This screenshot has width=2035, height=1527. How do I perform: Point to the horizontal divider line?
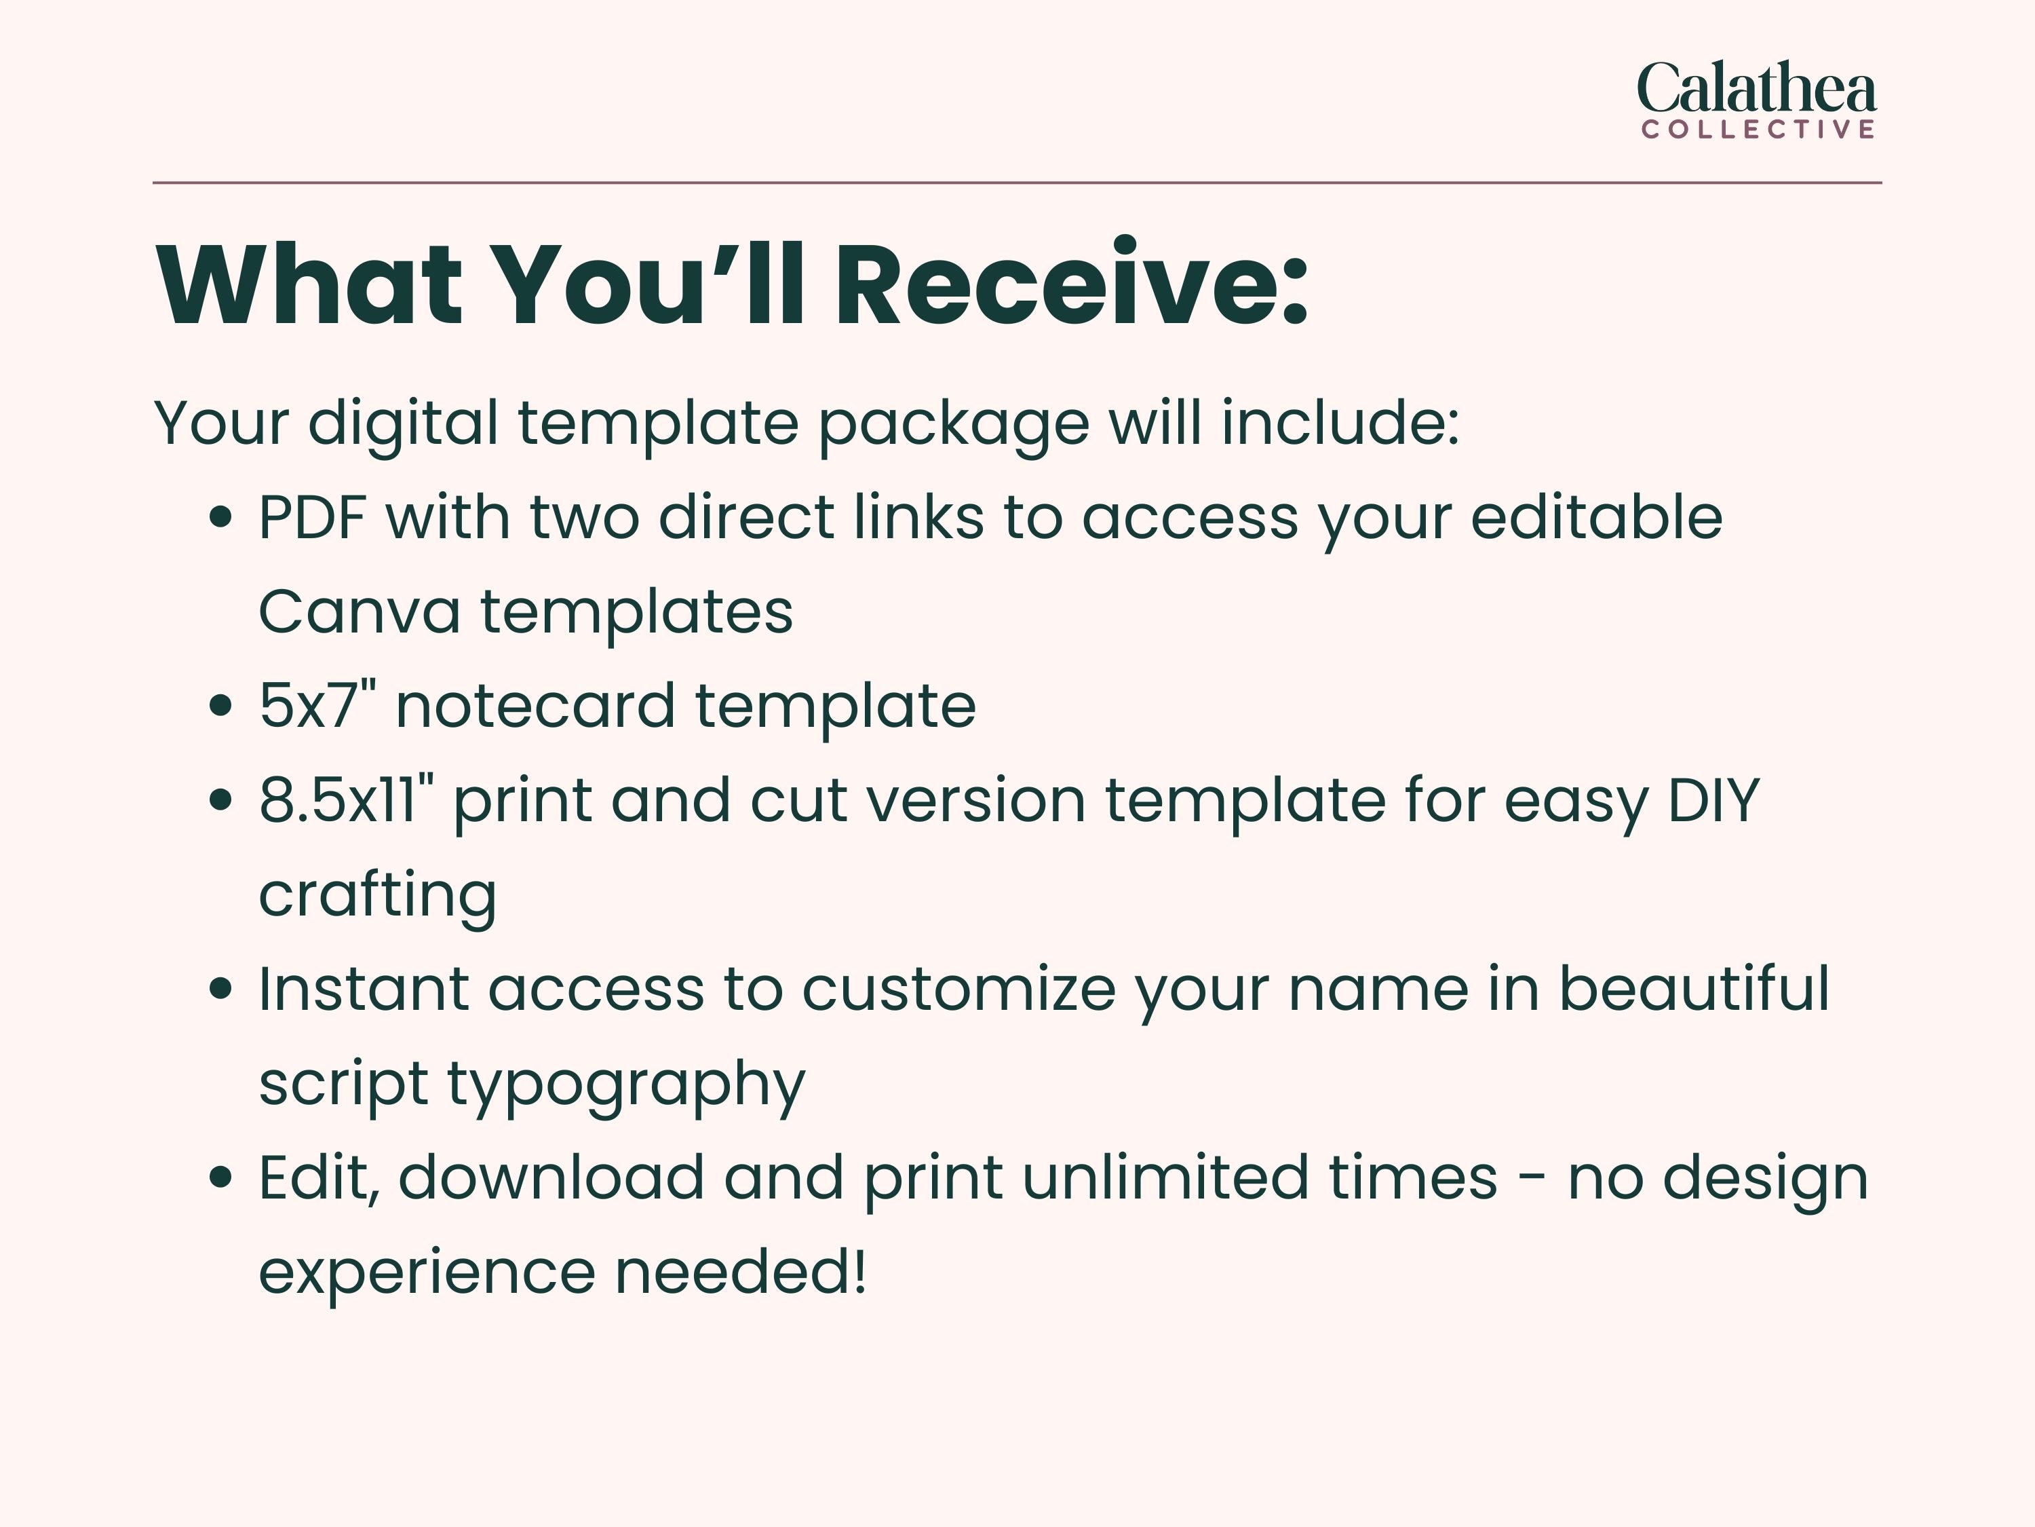pyautogui.click(x=1017, y=183)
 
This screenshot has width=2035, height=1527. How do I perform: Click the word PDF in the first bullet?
pyautogui.click(x=312, y=517)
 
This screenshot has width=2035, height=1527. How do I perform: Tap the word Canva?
pyautogui.click(x=360, y=612)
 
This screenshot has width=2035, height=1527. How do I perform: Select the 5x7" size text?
pyautogui.click(x=317, y=705)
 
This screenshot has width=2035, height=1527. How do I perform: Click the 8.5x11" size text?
pyautogui.click(x=346, y=800)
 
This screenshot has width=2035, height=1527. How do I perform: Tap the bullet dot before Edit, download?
pyautogui.click(x=220, y=1177)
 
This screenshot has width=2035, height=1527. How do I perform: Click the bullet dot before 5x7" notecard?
pyautogui.click(x=220, y=706)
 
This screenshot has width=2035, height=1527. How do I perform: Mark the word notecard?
pyautogui.click(x=535, y=706)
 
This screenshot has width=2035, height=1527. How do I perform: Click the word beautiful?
pyautogui.click(x=1694, y=989)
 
